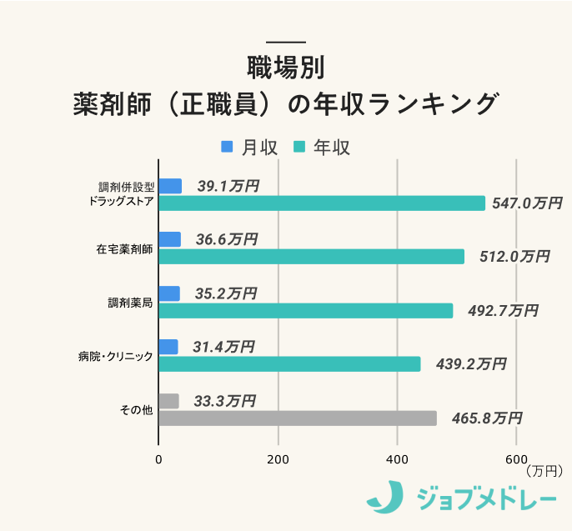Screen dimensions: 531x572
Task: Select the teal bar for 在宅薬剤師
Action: (311, 257)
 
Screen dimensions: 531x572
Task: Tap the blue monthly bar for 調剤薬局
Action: (169, 293)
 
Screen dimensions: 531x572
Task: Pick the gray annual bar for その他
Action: (298, 418)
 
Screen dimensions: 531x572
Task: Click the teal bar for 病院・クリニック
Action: (289, 364)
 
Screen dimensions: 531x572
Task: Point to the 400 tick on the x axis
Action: (398, 458)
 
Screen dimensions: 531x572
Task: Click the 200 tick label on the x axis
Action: (278, 458)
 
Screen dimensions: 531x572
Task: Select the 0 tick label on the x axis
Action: (158, 458)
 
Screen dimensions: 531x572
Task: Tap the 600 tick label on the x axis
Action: (516, 458)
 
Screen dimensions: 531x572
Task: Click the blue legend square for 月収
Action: (227, 147)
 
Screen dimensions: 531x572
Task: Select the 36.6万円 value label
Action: (227, 240)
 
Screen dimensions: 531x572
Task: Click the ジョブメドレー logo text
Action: (486, 498)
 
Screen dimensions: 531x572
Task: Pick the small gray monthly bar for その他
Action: (168, 401)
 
